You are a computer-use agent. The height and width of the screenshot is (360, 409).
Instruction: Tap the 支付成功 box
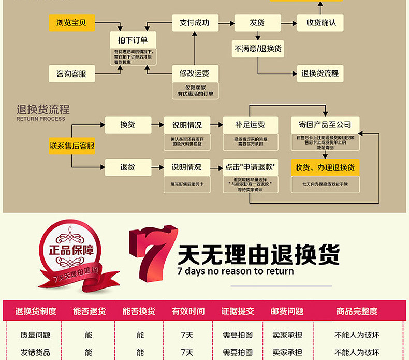pos(195,23)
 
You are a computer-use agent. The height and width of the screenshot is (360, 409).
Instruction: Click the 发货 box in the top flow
pos(257,23)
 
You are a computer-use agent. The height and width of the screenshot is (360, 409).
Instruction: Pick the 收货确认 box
pos(320,23)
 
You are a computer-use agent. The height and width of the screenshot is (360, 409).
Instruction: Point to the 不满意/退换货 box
pos(258,49)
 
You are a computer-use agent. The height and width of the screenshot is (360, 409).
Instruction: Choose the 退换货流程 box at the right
pos(320,74)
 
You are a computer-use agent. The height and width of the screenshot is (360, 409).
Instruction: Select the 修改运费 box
pos(195,73)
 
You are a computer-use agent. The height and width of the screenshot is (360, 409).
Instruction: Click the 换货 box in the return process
pos(128,125)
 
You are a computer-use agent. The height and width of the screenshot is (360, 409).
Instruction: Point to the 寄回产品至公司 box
pos(325,125)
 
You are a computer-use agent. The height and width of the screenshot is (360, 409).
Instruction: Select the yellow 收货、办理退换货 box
pos(325,167)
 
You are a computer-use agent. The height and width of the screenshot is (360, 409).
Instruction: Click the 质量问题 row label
pos(36,335)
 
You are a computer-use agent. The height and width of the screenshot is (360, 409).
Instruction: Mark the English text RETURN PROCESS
pos(41,119)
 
